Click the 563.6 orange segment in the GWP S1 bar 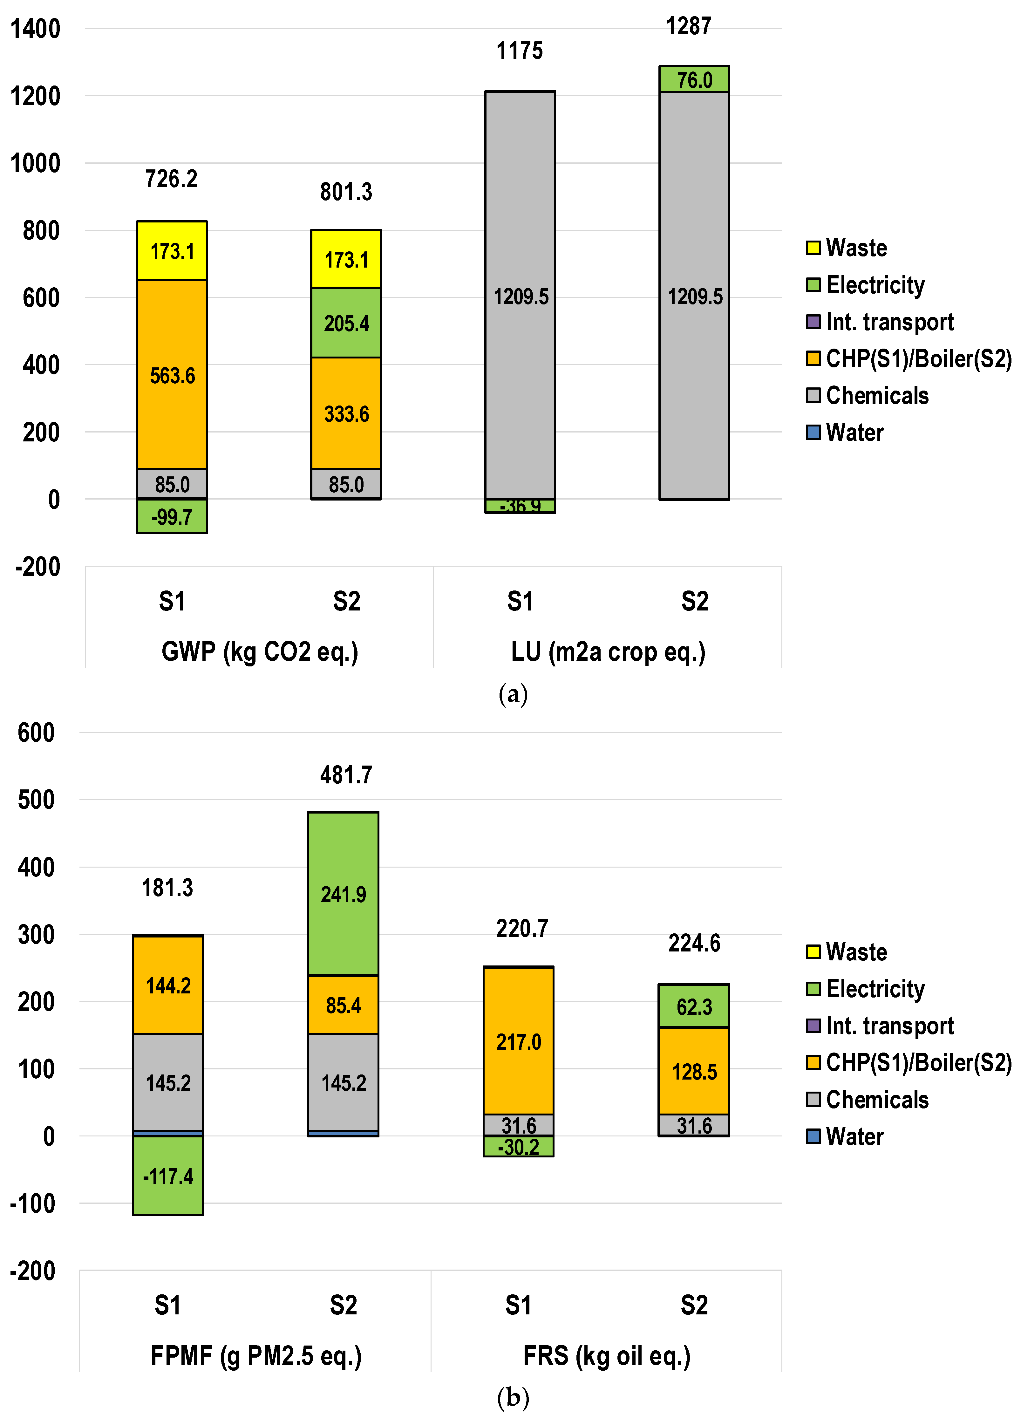pyautogui.click(x=172, y=375)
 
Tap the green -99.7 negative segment pyautogui.click(x=172, y=516)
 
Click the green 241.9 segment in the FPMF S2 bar pyautogui.click(x=343, y=894)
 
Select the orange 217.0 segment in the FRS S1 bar pyautogui.click(x=518, y=1042)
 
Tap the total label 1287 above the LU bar pyautogui.click(x=688, y=26)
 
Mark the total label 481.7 pyautogui.click(x=346, y=775)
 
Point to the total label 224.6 pyautogui.click(x=694, y=943)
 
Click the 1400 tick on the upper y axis pyautogui.click(x=36, y=29)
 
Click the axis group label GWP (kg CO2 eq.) pyautogui.click(x=260, y=651)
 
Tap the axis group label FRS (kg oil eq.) pyautogui.click(x=607, y=1355)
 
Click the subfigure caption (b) pyautogui.click(x=513, y=1397)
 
